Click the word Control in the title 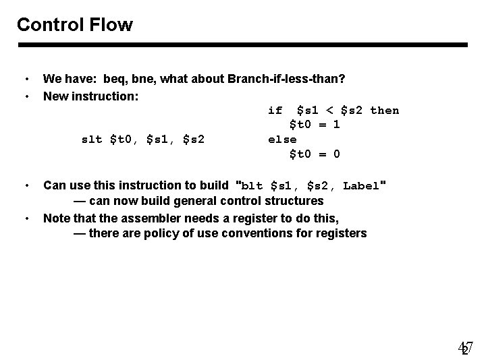coord(49,26)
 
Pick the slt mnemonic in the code coord(92,140)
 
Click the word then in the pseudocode coord(385,111)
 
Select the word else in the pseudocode coord(282,140)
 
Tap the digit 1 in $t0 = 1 coord(337,125)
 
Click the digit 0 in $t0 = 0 coord(337,154)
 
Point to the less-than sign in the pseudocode coord(330,111)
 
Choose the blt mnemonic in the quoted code coord(252,185)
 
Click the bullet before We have coord(26,80)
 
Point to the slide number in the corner coord(466,348)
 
